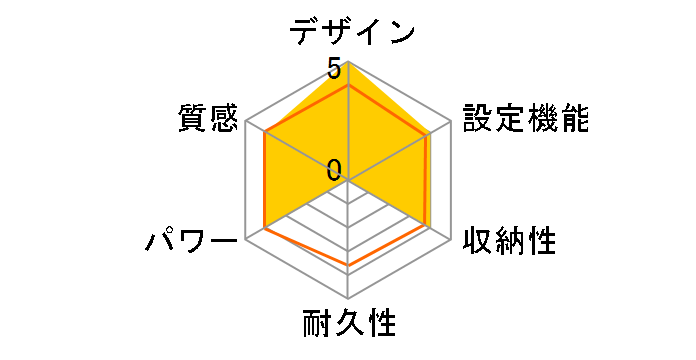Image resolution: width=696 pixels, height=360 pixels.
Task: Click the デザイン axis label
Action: [x=352, y=31]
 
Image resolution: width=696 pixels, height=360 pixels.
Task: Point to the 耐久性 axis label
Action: [x=348, y=325]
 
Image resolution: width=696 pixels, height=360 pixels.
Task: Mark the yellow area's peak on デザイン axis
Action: [x=348, y=61]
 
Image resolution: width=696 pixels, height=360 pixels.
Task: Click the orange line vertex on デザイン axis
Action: [x=348, y=85]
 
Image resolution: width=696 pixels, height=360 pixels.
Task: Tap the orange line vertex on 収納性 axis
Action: [x=428, y=226]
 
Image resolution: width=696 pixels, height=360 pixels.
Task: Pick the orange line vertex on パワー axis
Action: [x=265, y=228]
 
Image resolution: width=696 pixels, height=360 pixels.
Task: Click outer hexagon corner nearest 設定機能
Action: [x=452, y=121]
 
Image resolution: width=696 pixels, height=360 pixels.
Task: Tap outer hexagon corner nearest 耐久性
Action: [x=348, y=299]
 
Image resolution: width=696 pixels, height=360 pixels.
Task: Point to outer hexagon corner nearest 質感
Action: [x=245, y=121]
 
